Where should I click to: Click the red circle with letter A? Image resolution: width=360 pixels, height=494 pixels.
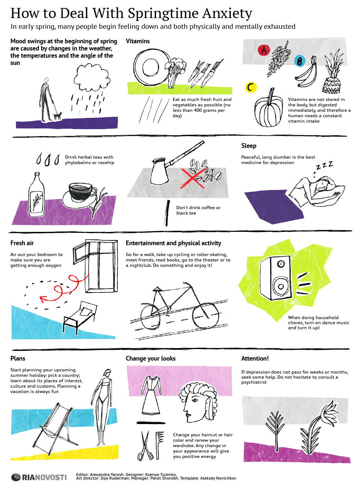[264, 50]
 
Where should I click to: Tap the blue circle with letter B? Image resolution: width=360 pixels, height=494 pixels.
[299, 61]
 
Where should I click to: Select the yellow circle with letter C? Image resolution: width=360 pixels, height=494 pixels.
[251, 87]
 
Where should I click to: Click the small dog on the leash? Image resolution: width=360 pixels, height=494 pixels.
[58, 116]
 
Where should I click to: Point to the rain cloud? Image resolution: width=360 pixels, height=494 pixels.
[92, 77]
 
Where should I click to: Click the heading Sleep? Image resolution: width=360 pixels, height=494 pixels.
[249, 146]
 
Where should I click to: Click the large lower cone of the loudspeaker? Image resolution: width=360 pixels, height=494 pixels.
[281, 286]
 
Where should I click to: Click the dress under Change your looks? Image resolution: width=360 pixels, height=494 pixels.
[151, 395]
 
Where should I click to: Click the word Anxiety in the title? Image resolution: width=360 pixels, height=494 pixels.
[227, 13]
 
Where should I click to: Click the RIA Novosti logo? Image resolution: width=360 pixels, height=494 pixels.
[39, 477]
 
